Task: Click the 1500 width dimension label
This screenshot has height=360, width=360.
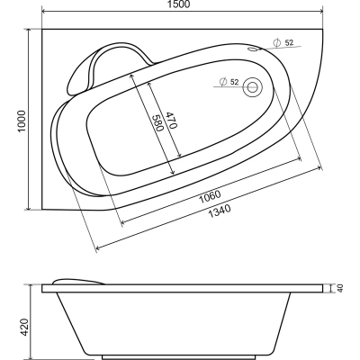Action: [x=182, y=4]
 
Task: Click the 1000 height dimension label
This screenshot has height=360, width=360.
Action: [x=22, y=121]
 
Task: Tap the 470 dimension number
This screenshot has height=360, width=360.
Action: [x=171, y=121]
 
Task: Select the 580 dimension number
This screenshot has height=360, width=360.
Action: [x=158, y=123]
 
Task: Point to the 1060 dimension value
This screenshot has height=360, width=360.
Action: [x=211, y=196]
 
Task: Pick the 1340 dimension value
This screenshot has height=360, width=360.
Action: [x=220, y=211]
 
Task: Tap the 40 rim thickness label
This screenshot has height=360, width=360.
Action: [x=340, y=288]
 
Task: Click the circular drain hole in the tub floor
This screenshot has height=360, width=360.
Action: [x=252, y=86]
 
